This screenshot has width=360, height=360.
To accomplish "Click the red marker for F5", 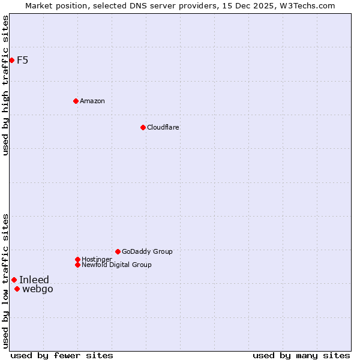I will (x=11, y=60).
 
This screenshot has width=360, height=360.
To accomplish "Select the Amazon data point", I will (x=76, y=101).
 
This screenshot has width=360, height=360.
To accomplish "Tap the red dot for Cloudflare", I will (x=143, y=127).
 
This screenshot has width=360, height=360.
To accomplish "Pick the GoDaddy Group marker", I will (x=118, y=251).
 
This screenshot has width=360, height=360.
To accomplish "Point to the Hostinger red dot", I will (x=77, y=259).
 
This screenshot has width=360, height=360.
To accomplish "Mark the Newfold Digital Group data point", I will (x=77, y=265).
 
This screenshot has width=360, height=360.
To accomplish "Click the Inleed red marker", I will (x=14, y=280).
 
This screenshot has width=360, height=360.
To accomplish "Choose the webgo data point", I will (x=17, y=289).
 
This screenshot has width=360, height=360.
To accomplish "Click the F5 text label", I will (x=22, y=60).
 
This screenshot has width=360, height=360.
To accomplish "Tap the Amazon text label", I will (x=92, y=101).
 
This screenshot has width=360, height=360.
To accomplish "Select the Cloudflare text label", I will (x=163, y=127).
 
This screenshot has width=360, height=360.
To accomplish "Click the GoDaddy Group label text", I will (x=147, y=251).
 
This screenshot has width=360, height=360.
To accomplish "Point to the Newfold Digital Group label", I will (x=116, y=265).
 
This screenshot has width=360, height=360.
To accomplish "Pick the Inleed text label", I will (x=34, y=280).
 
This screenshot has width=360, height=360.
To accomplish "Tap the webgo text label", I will (x=37, y=289).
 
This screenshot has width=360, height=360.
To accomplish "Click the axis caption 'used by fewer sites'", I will (x=62, y=355).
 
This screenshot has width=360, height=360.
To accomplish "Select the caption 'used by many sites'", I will (x=301, y=355).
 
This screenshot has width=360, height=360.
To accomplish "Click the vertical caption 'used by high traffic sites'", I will (x=5, y=85).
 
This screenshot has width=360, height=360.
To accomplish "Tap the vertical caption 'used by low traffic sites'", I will (x=5, y=281).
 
